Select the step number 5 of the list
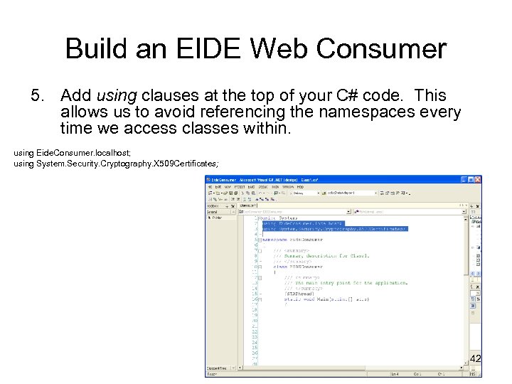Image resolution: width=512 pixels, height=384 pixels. [37, 95]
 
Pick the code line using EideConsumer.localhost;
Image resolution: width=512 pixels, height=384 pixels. [68, 153]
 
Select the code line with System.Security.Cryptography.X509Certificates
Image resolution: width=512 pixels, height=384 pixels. [117, 164]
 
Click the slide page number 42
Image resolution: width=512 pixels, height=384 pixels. [476, 359]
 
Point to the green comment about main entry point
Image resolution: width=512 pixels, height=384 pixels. [346, 282]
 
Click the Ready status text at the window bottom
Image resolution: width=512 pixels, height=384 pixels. [213, 373]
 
